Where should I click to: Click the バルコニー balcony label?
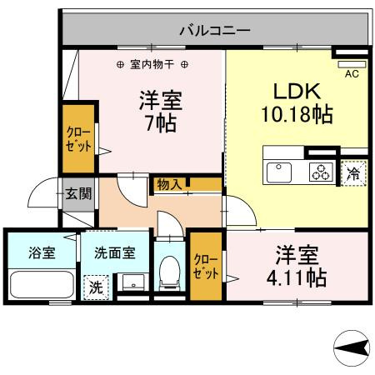[x=214, y=31]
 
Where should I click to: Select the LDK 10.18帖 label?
[x=297, y=102]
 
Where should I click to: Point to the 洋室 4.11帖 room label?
[x=296, y=265]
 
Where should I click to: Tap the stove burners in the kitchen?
[x=320, y=172]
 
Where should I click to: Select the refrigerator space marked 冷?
[x=353, y=172]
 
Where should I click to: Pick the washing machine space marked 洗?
[x=96, y=287]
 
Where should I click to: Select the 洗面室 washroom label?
[x=110, y=252]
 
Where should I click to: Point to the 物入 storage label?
[x=169, y=184]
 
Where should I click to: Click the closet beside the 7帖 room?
[x=79, y=137]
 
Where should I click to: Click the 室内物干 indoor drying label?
[x=152, y=64]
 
